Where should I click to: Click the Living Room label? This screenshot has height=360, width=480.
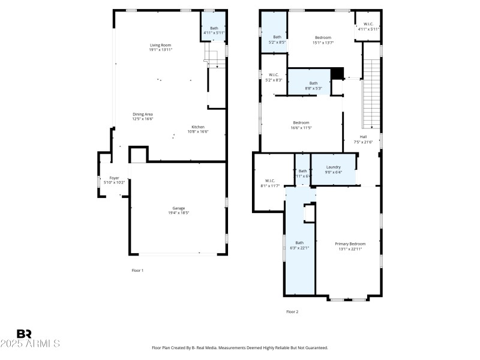160,45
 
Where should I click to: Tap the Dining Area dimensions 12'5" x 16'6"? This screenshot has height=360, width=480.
143,119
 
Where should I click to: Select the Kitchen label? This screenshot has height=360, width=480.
198,127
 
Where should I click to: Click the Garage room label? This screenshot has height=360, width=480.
178,208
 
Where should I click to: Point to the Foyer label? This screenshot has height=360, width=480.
114,178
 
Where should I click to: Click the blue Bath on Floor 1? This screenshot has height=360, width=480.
214,28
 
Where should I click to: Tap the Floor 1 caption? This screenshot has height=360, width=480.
137,271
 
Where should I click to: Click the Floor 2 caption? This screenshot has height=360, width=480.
292,311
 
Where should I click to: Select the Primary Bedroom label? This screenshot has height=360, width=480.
350,244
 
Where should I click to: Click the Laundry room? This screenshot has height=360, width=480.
334,169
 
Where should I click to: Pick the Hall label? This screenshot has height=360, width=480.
363,137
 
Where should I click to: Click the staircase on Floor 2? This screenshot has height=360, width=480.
373,99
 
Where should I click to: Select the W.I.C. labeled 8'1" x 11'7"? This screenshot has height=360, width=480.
270,182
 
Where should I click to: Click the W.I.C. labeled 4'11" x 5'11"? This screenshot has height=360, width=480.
368,26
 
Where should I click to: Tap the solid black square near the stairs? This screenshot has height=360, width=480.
337,73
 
